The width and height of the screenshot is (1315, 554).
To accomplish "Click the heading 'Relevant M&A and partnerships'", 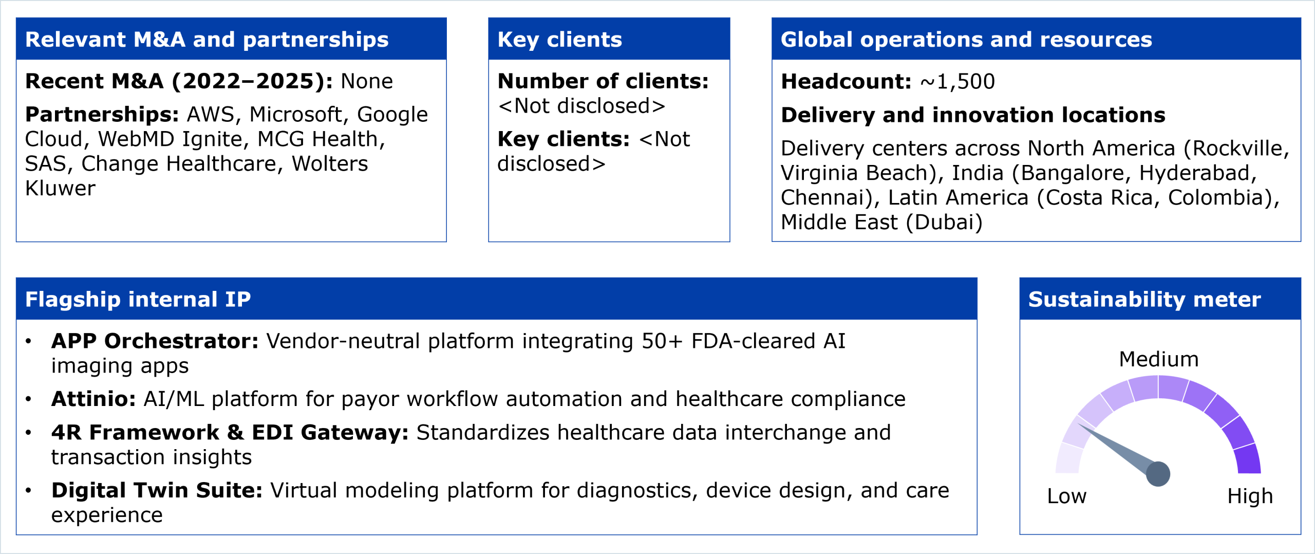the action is pyautogui.click(x=206, y=40).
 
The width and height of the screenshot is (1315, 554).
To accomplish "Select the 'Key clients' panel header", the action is pyautogui.click(x=559, y=40).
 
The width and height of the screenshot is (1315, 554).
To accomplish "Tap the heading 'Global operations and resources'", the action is pyautogui.click(x=966, y=40).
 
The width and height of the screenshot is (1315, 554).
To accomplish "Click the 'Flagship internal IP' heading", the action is pyautogui.click(x=138, y=299).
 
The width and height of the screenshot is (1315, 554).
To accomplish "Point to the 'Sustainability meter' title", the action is pyautogui.click(x=1144, y=299).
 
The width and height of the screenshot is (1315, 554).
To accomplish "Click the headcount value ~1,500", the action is pyautogui.click(x=957, y=82).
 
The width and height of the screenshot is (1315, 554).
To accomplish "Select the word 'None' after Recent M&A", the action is pyautogui.click(x=367, y=81).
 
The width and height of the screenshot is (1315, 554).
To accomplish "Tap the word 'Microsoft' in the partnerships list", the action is pyautogui.click(x=299, y=115).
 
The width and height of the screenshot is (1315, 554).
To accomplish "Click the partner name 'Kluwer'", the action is pyautogui.click(x=60, y=189).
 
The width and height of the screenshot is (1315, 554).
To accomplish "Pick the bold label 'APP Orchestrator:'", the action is pyautogui.click(x=155, y=341).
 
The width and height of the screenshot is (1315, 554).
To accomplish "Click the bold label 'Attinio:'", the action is pyautogui.click(x=93, y=399).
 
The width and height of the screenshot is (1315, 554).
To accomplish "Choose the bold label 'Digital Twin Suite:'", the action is pyautogui.click(x=157, y=490).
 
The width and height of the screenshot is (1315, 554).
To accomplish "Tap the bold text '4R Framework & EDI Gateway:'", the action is pyautogui.click(x=230, y=432).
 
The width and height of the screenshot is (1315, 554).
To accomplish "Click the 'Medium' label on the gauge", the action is pyautogui.click(x=1159, y=359).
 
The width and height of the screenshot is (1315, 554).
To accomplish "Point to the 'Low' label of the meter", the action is pyautogui.click(x=1067, y=496).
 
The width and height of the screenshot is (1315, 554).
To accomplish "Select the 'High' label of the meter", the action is pyautogui.click(x=1250, y=496).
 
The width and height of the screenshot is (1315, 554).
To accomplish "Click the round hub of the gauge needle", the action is pyautogui.click(x=1158, y=473).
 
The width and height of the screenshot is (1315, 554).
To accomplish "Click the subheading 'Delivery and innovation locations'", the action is pyautogui.click(x=973, y=115).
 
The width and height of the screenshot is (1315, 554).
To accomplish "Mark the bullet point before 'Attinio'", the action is pyautogui.click(x=28, y=399).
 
